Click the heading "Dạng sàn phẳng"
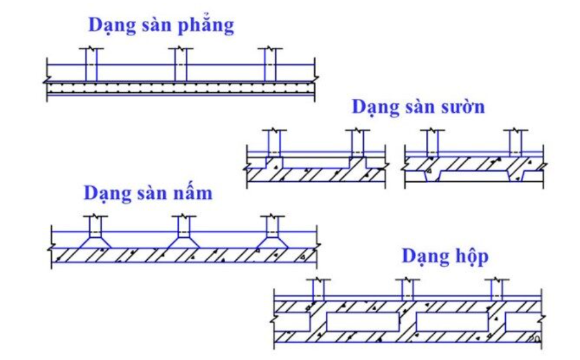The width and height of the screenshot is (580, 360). click(161, 26)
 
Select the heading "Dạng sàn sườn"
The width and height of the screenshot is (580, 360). click(418, 107)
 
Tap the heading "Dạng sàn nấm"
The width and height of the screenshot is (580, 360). click(148, 193)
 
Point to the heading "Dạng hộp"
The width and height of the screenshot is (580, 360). click(445, 256)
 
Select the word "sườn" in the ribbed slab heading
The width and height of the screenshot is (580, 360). click(462, 107)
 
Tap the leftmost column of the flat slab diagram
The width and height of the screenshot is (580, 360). click(91, 64)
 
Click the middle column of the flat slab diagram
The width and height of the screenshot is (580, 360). click(181, 64)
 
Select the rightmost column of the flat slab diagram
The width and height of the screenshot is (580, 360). click(270, 64)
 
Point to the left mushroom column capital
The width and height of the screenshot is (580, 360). click(95, 240)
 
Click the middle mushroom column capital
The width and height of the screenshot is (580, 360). click(184, 240)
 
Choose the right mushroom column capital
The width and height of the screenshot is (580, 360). click(272, 240)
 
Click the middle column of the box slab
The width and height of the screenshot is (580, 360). click(407, 290)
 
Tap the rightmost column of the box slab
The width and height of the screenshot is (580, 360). click(497, 290)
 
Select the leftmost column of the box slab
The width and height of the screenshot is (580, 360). click(319, 290)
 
